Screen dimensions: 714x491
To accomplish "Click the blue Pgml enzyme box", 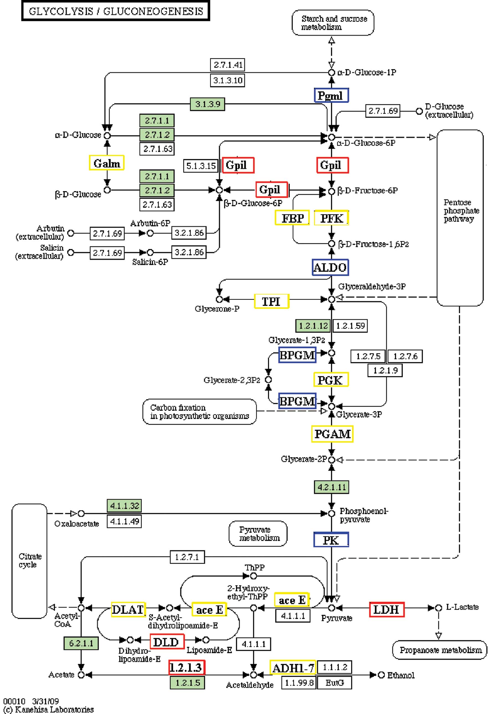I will pos(331,95).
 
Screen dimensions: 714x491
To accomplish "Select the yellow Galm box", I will pos(106,163).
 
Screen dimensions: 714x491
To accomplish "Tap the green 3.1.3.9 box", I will pos(207,104).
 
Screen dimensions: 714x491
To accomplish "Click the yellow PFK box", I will pos(331,218).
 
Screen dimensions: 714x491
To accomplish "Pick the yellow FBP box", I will pos(292,218).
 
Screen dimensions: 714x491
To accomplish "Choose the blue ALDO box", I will pos(330,267).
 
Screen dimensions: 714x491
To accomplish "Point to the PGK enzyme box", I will pos(331,380).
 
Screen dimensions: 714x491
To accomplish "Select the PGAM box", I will pos(332,434).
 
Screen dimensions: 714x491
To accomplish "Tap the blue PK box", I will pos(331,540).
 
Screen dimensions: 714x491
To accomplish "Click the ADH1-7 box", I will pos(293,667).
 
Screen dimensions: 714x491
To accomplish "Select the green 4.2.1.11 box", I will pos(331,487).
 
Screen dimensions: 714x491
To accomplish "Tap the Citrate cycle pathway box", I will pos(29,560).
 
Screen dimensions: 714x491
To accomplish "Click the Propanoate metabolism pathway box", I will pos(440,650).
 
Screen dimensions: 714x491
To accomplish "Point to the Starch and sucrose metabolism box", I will pos(333,23).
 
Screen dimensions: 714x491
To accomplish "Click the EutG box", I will pos(334,682).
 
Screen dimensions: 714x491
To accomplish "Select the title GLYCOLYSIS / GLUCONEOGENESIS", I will pos(116,11).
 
